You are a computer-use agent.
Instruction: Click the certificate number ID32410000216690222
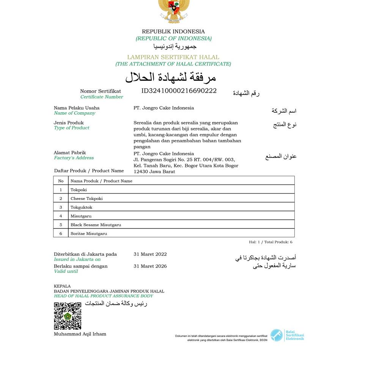(x=179, y=91)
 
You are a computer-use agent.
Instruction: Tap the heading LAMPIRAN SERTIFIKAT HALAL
(x=173, y=57)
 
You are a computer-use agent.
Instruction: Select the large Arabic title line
(x=171, y=77)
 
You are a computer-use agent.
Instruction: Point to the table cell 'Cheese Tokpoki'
(x=87, y=198)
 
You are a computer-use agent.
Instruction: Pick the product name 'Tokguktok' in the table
(x=81, y=207)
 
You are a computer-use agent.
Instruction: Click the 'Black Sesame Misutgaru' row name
(x=96, y=225)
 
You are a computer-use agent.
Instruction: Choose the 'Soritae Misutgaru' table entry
(x=89, y=233)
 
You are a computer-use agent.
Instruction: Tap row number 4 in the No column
(x=61, y=216)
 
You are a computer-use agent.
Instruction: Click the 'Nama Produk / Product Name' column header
(x=101, y=181)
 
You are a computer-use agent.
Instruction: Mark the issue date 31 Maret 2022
(x=150, y=254)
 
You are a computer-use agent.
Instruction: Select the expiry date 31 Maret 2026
(x=150, y=266)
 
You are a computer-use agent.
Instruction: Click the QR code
(x=68, y=316)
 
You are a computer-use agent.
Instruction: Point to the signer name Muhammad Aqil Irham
(x=80, y=334)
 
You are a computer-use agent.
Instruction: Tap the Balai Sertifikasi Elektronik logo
(x=287, y=335)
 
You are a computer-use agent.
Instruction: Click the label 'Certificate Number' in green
(x=102, y=97)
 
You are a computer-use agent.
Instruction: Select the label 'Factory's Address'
(x=74, y=158)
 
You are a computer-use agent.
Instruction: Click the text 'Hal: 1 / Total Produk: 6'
(x=271, y=242)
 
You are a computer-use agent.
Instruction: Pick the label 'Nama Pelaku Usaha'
(x=77, y=108)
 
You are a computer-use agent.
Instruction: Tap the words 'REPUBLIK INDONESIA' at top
(x=173, y=31)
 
